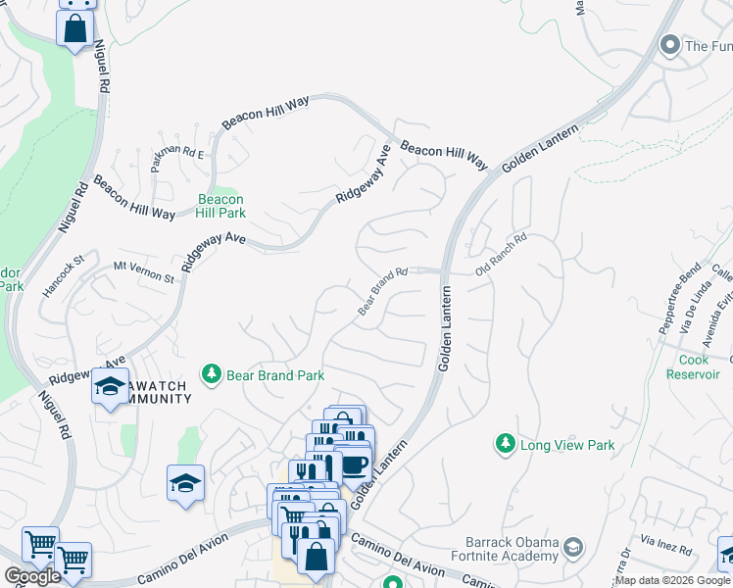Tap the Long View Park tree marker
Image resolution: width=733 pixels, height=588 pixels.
[x=505, y=445]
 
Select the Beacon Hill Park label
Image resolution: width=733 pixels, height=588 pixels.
[x=220, y=205]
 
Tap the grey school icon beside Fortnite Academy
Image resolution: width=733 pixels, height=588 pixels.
[x=574, y=545]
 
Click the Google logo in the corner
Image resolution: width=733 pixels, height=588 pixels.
[x=32, y=576]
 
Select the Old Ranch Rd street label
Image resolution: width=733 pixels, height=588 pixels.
[x=502, y=254]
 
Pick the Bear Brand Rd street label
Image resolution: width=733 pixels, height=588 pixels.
[x=382, y=292]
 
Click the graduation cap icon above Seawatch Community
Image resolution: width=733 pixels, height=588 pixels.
[x=110, y=386]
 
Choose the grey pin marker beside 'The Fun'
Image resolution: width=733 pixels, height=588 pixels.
[x=670, y=45]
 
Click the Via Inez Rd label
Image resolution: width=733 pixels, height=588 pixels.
[x=667, y=540]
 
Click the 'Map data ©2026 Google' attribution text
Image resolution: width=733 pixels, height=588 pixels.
[x=672, y=580]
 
